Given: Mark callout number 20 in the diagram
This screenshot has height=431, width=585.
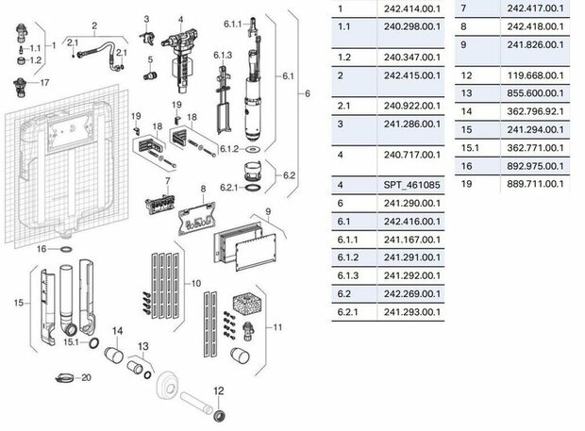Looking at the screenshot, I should point(86,377).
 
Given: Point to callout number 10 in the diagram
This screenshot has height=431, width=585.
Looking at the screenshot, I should point(196,283).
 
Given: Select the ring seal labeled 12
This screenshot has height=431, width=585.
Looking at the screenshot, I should point(219,414).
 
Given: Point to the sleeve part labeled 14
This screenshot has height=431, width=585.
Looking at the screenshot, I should point(117,356).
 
